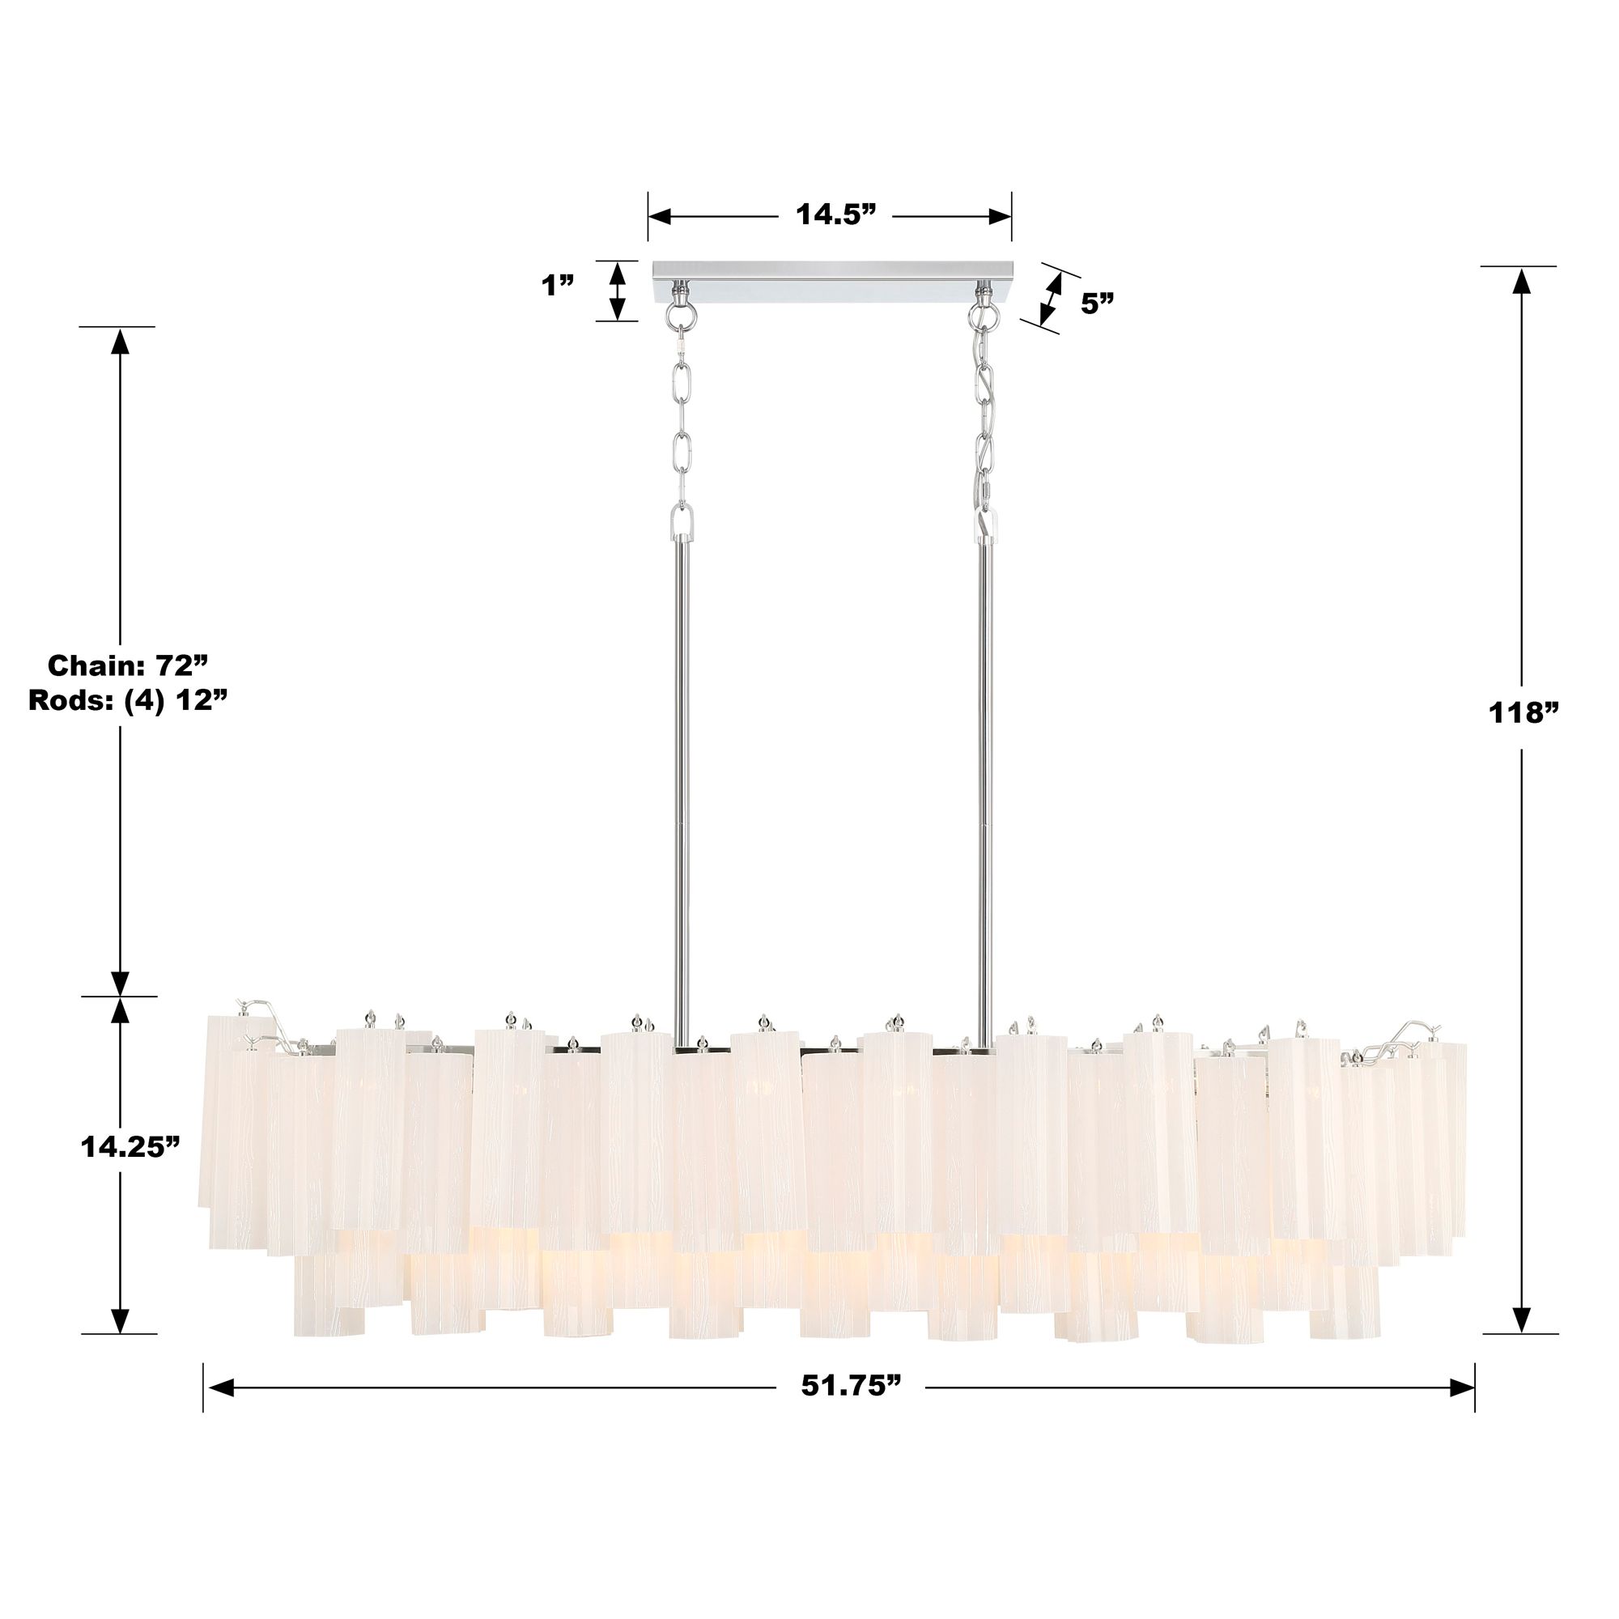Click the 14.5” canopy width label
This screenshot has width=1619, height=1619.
[835, 215]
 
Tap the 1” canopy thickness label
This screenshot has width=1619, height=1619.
[557, 286]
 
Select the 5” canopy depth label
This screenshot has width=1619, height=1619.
[1097, 304]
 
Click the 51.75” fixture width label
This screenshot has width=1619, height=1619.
[852, 1385]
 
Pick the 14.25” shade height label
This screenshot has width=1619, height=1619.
[130, 1147]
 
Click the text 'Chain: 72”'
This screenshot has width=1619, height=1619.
[127, 666]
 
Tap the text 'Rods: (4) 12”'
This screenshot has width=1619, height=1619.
[128, 699]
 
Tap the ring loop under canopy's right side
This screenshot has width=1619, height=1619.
[980, 316]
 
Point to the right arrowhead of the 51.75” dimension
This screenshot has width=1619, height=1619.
[1461, 1388]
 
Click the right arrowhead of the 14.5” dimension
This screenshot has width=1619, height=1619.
[1001, 216]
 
